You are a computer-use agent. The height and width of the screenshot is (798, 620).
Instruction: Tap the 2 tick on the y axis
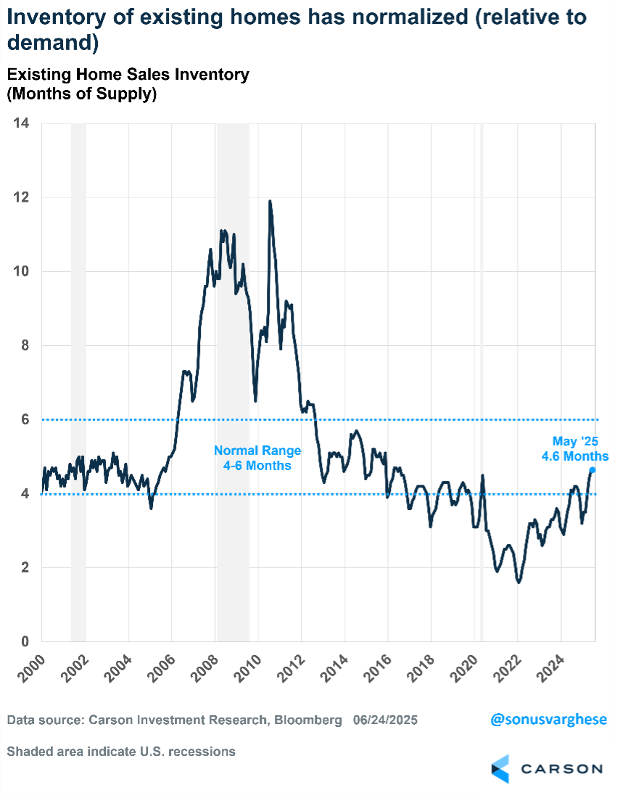pos(25,567)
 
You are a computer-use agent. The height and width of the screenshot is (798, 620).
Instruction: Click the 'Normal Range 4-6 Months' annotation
pos(257,458)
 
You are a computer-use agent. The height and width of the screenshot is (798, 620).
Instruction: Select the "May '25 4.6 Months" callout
pos(575,449)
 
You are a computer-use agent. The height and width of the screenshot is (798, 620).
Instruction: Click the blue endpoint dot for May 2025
pos(592,470)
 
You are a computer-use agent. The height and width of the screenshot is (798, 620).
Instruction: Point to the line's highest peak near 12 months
pos(270,202)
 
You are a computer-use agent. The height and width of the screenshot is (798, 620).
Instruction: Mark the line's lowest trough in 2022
pos(518,582)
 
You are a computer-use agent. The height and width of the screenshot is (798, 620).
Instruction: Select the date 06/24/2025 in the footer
pos(386,720)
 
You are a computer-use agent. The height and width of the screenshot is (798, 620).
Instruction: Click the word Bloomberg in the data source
pos(305,720)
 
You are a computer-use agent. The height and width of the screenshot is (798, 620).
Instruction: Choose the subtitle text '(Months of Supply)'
pos(82,94)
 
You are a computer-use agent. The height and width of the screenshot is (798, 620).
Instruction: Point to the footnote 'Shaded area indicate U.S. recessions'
pos(121,752)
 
